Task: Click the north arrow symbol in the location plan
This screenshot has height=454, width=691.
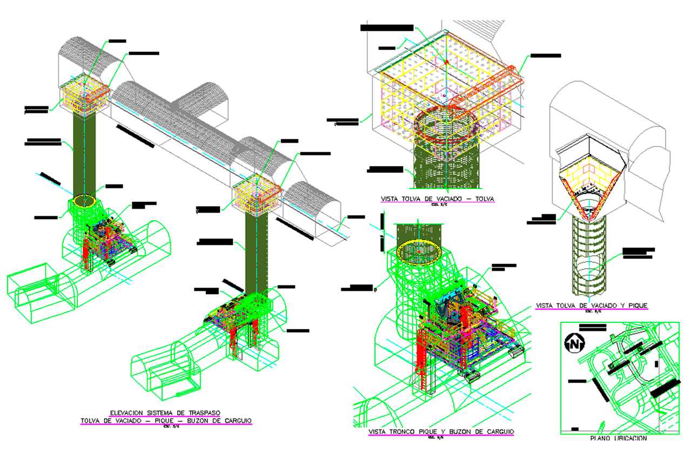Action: (x=575, y=342)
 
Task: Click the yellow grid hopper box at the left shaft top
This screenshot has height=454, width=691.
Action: (x=82, y=96)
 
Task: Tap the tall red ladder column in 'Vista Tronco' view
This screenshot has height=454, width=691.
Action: (x=421, y=367)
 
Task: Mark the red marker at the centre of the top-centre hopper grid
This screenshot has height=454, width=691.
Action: (x=447, y=62)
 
